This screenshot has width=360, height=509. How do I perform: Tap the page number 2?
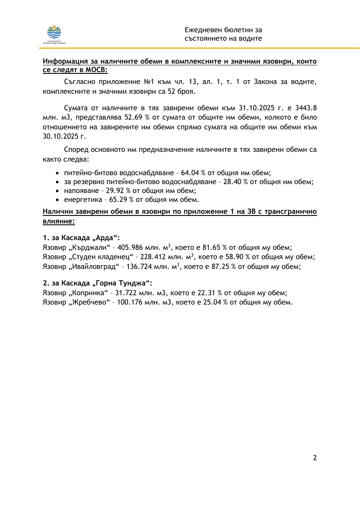pyautogui.click(x=315, y=458)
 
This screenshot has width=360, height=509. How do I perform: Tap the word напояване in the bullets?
pyautogui.click(x=81, y=190)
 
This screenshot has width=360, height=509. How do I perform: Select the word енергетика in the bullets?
pyautogui.click(x=81, y=199)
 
